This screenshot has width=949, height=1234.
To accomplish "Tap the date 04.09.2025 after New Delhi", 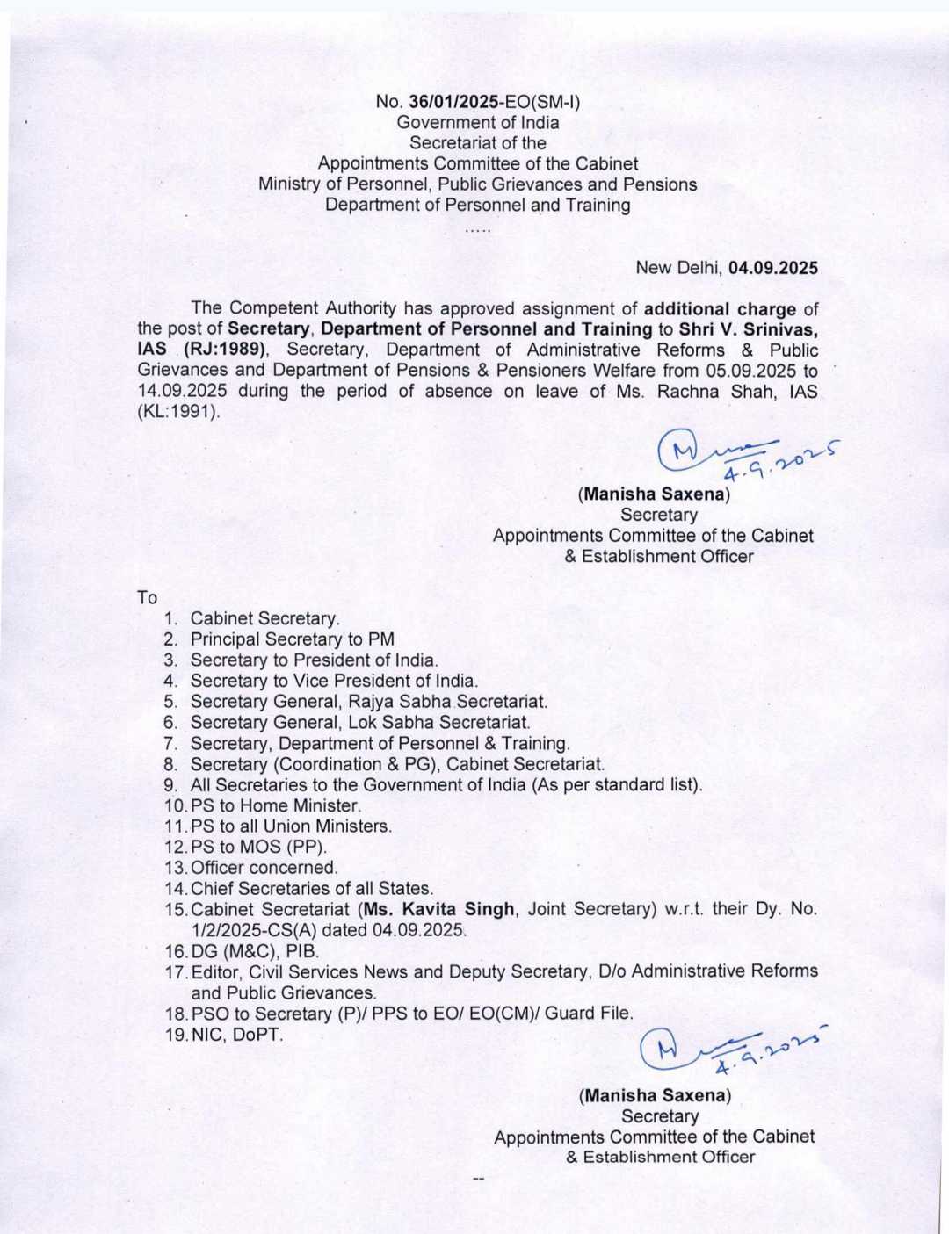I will (x=773, y=268).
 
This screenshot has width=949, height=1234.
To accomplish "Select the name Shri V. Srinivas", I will (x=748, y=329).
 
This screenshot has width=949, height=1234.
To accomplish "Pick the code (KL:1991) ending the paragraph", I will (x=178, y=411).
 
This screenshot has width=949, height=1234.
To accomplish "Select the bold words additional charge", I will (x=720, y=309).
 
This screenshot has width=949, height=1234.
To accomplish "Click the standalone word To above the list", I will (x=147, y=598).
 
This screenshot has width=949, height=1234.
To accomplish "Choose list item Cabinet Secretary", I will (x=264, y=619).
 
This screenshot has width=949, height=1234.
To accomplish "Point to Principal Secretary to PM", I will (x=293, y=639).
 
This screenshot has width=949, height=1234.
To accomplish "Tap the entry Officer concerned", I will (x=264, y=868).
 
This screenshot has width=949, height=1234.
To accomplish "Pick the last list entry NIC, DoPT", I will (x=237, y=1035).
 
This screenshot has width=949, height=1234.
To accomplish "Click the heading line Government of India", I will (x=477, y=123).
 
